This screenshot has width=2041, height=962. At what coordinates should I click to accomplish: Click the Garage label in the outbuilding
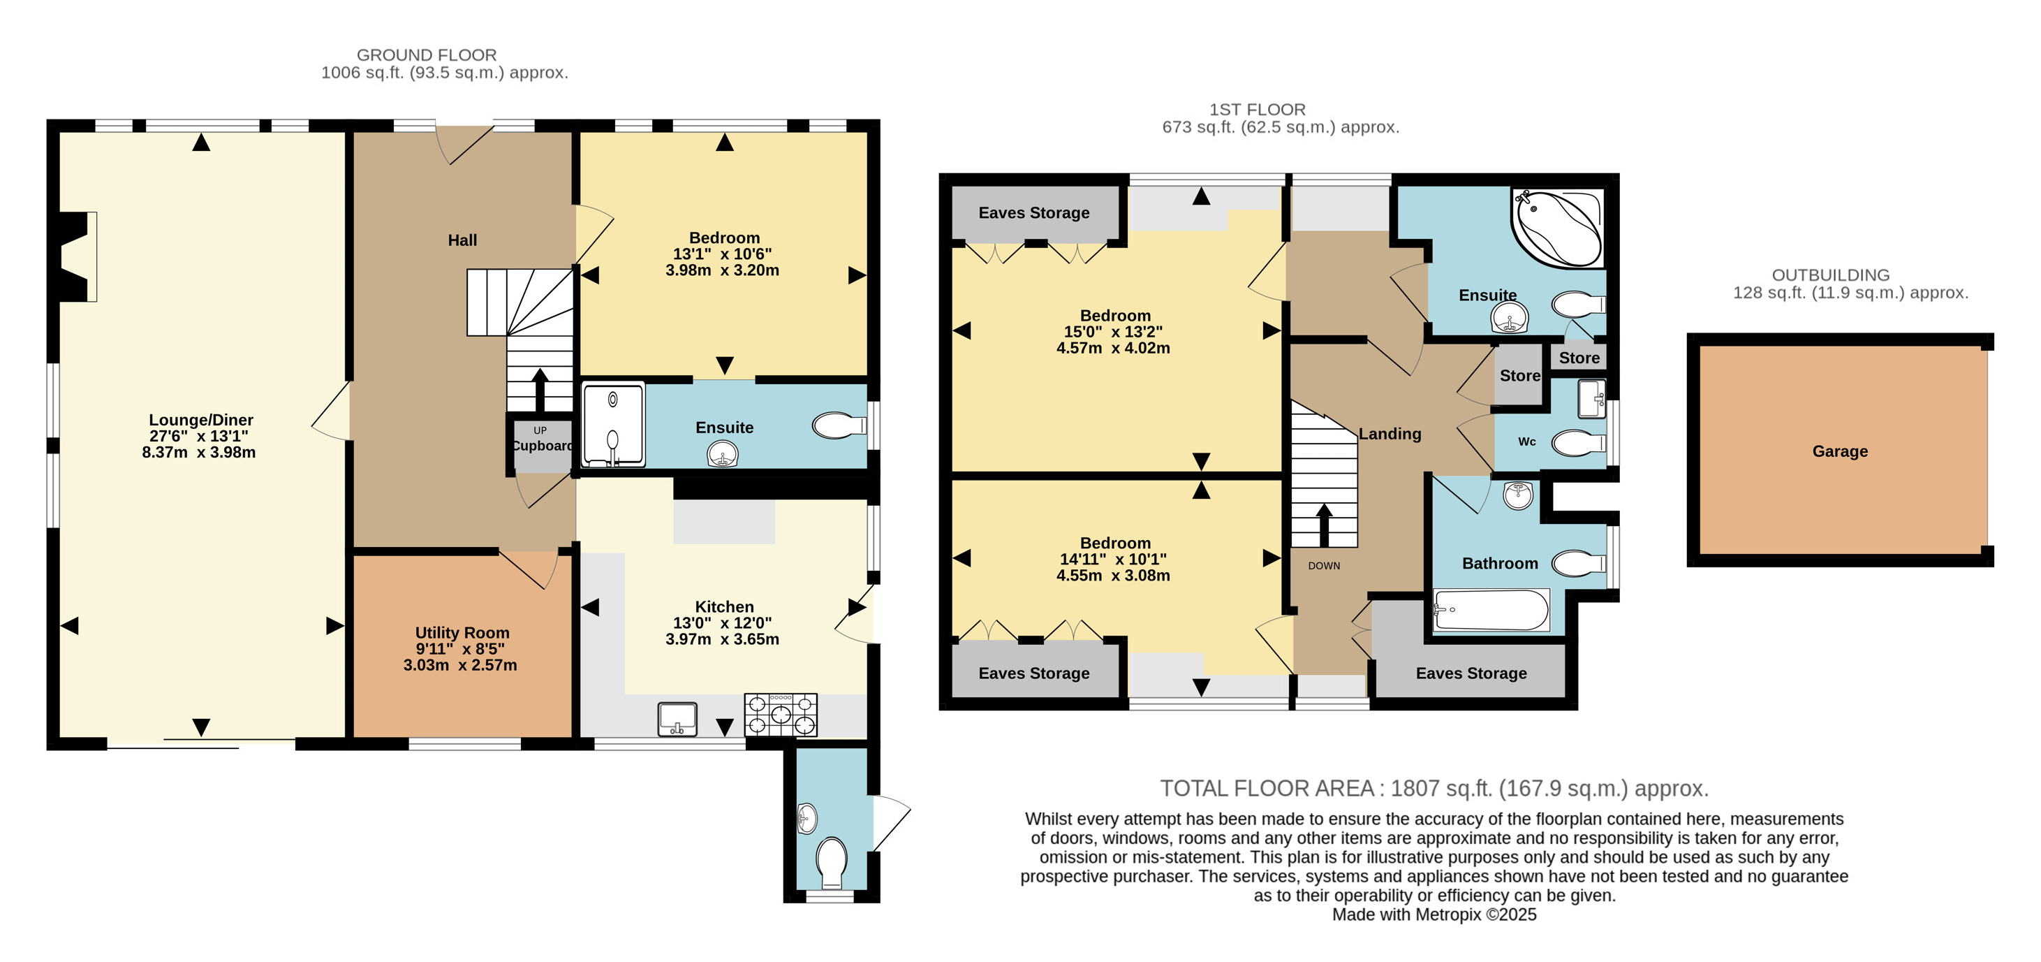pos(1840,451)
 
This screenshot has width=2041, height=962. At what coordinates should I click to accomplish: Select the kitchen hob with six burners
pos(781,715)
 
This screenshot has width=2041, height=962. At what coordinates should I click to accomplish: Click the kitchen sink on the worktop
pos(677,719)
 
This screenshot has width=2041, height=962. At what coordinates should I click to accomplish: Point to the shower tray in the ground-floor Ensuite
pos(613,425)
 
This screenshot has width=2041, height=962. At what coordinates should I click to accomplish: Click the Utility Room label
pos(462,632)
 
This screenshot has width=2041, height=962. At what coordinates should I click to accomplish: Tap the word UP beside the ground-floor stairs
pos(540,430)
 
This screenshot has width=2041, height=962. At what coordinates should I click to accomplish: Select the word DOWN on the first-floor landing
pos(1324,566)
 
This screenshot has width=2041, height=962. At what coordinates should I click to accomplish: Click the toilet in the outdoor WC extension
pos(831,863)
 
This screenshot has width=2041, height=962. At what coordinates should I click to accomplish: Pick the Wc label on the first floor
pos(1527,442)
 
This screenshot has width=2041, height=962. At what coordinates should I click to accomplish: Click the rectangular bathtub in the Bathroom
pos(1491,609)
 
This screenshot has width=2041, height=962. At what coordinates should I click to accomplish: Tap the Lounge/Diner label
pos(201,420)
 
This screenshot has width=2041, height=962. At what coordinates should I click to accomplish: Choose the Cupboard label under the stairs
pos(543,445)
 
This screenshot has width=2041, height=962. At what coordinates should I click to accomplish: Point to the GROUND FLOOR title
pos(426,54)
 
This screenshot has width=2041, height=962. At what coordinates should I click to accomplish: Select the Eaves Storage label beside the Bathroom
pos(1471,673)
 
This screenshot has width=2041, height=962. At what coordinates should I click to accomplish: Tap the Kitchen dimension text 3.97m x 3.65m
pos(723,639)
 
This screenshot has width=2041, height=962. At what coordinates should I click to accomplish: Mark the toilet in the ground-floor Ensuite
pos(839,425)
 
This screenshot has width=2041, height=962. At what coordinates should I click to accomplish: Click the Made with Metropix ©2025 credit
pos(1434,914)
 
